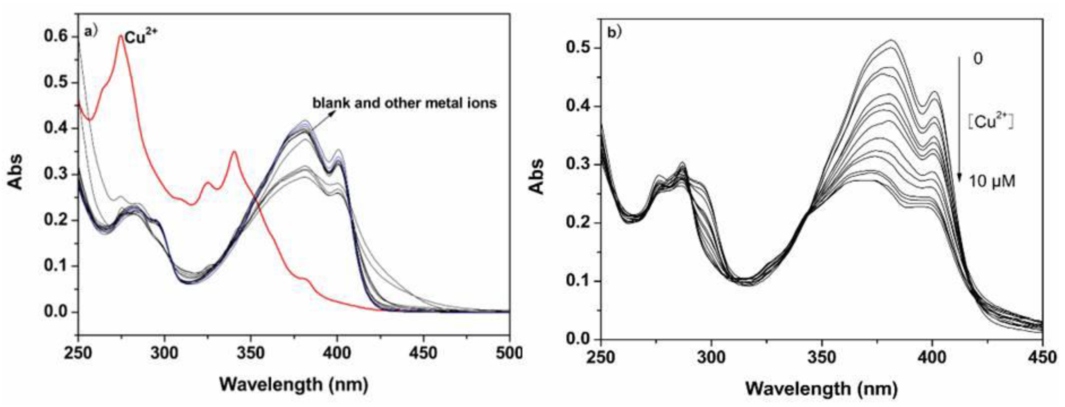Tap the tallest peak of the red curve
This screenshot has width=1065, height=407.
120,36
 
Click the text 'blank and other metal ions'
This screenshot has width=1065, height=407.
404,103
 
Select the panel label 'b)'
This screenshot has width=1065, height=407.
614,33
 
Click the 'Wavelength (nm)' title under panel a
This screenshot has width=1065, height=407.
294,385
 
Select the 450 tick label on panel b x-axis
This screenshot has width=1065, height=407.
1042,356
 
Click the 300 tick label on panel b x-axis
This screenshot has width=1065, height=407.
711,356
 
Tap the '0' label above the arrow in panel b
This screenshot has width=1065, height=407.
978,59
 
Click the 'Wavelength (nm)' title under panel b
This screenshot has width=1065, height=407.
822,389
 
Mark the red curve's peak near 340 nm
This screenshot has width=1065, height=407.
234,152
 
